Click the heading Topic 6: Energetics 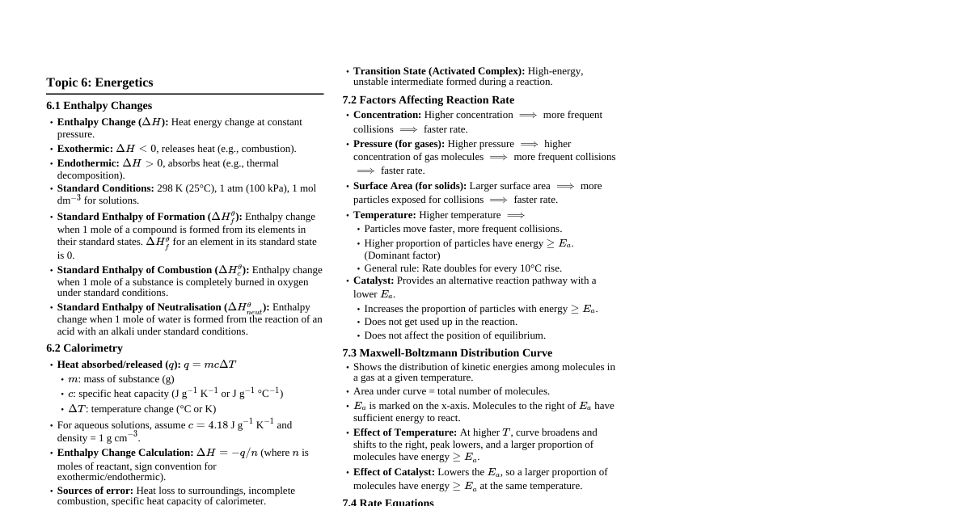click(x=99, y=82)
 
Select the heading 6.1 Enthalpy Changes click(x=99, y=106)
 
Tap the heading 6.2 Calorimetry click(x=84, y=348)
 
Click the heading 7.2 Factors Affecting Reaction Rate click(x=428, y=100)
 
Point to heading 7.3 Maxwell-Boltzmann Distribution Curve click(x=447, y=353)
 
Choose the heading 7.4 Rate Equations click(x=388, y=502)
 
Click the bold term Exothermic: click(x=85, y=149)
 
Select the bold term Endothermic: click(x=88, y=163)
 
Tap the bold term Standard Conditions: click(x=105, y=188)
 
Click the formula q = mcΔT click(x=209, y=365)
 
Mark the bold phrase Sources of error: click(x=95, y=491)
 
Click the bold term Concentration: click(x=387, y=115)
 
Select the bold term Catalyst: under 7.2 click(x=374, y=280)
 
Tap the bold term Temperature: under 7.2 click(x=384, y=215)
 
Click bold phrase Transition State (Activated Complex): click(x=439, y=71)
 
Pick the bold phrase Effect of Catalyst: click(x=394, y=472)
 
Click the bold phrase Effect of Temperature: click(x=405, y=432)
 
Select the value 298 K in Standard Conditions click(x=170, y=188)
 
